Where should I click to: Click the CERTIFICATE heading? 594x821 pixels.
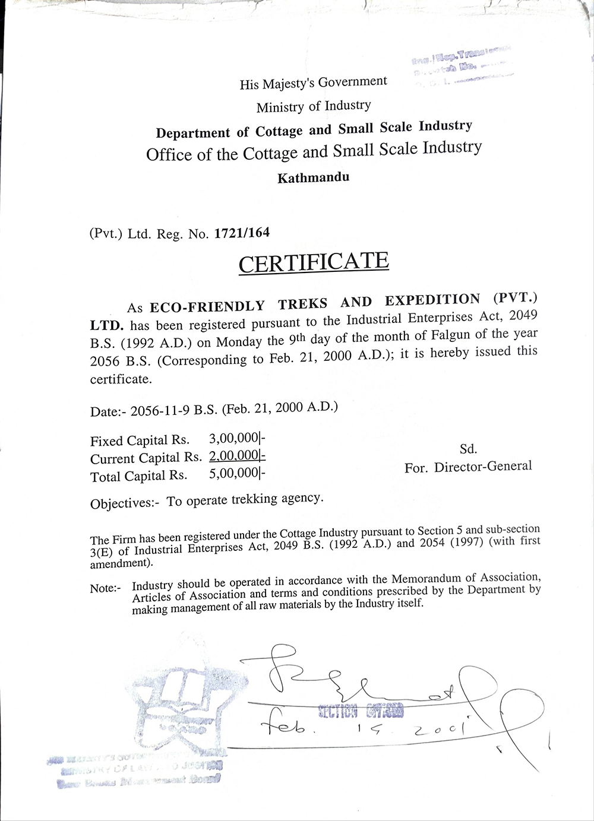(313, 262)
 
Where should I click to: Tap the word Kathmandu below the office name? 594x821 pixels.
(313, 177)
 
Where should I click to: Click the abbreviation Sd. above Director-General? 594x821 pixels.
(468, 449)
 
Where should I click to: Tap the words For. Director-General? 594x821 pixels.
(468, 467)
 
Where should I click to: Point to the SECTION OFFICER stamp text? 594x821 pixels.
(361, 711)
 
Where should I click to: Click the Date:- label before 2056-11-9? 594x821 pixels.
(108, 411)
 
